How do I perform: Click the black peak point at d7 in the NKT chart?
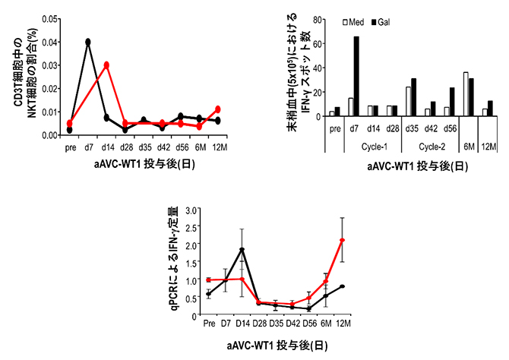pos(88,42)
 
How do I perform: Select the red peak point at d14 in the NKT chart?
pos(107,65)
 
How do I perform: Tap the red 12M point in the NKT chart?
pos(218,109)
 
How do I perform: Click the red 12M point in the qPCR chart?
pos(343,241)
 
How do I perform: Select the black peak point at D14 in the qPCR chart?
pos(242,250)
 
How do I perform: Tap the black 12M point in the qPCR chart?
pos(343,286)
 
